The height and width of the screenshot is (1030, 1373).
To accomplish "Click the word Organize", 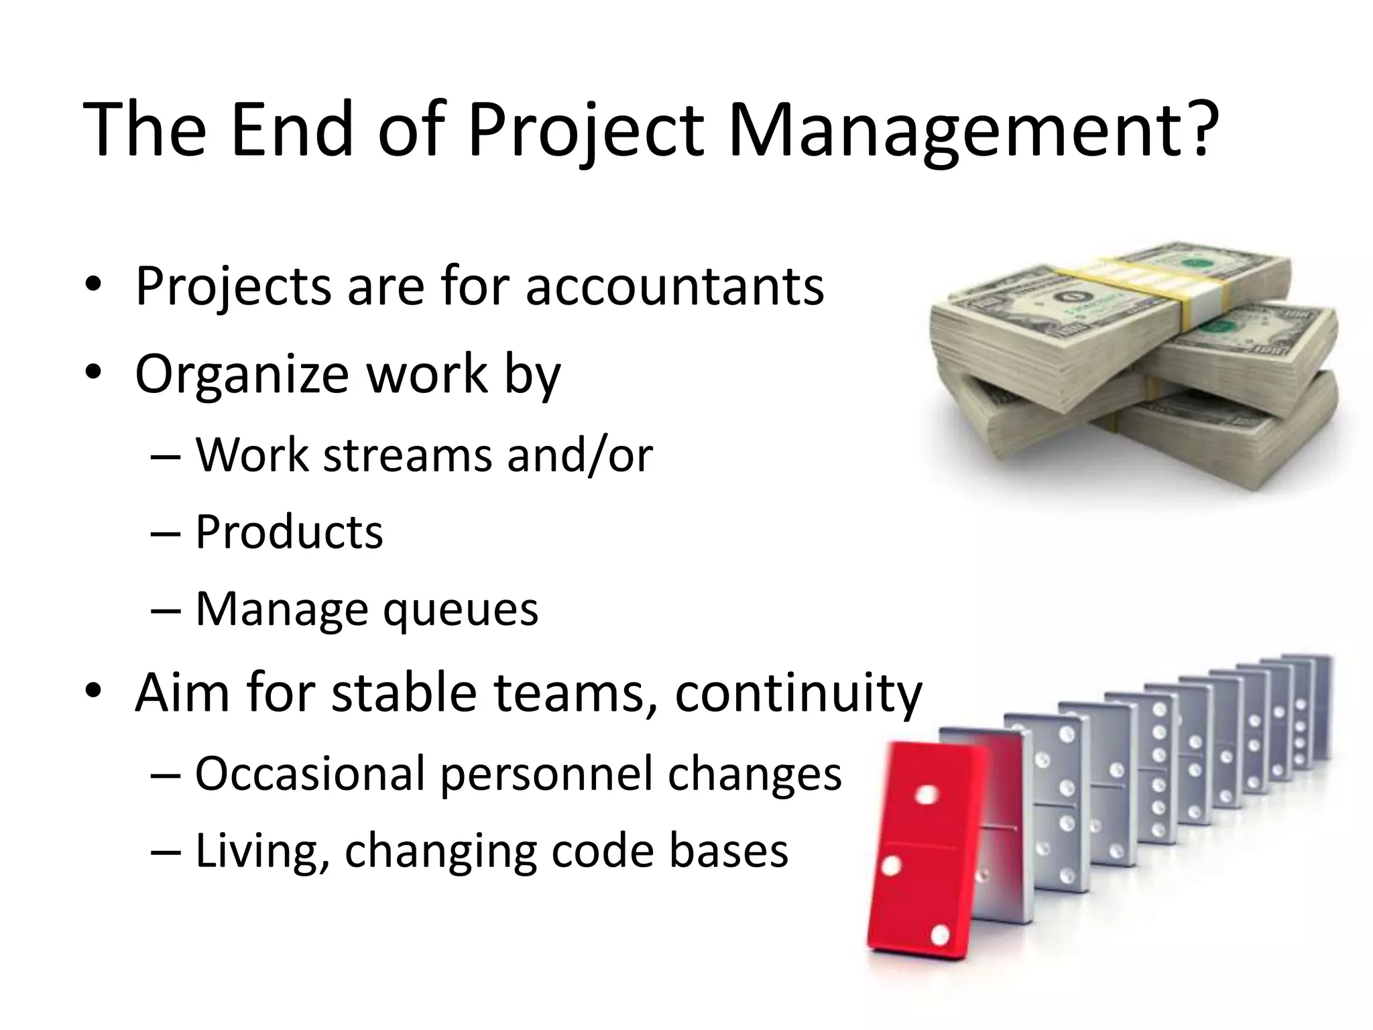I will (x=241, y=374).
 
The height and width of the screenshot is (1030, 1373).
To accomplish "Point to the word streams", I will (x=410, y=455).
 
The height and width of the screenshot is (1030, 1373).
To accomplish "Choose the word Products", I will (x=289, y=532).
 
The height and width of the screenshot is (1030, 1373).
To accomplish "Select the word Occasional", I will (x=311, y=774).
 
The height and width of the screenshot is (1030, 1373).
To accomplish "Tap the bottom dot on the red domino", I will (x=940, y=934).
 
